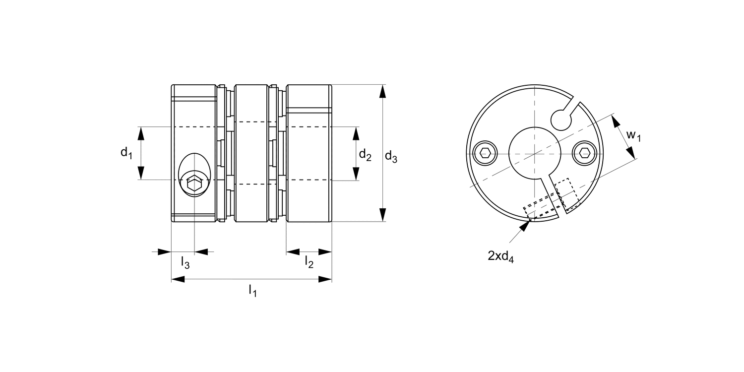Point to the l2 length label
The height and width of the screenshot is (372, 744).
click(x=309, y=262)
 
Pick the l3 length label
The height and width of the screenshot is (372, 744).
click(x=185, y=262)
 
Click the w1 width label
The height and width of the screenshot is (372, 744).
click(x=633, y=135)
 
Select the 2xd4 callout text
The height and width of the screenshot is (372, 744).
click(x=500, y=256)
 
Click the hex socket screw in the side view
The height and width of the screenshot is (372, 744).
click(x=194, y=185)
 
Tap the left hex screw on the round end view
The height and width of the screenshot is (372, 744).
click(x=485, y=152)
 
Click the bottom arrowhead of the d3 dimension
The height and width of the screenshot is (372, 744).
click(x=382, y=215)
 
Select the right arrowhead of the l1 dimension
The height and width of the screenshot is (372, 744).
click(x=325, y=279)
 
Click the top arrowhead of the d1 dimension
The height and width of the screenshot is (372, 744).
click(x=141, y=133)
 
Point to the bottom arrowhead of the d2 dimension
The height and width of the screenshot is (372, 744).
click(x=356, y=174)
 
